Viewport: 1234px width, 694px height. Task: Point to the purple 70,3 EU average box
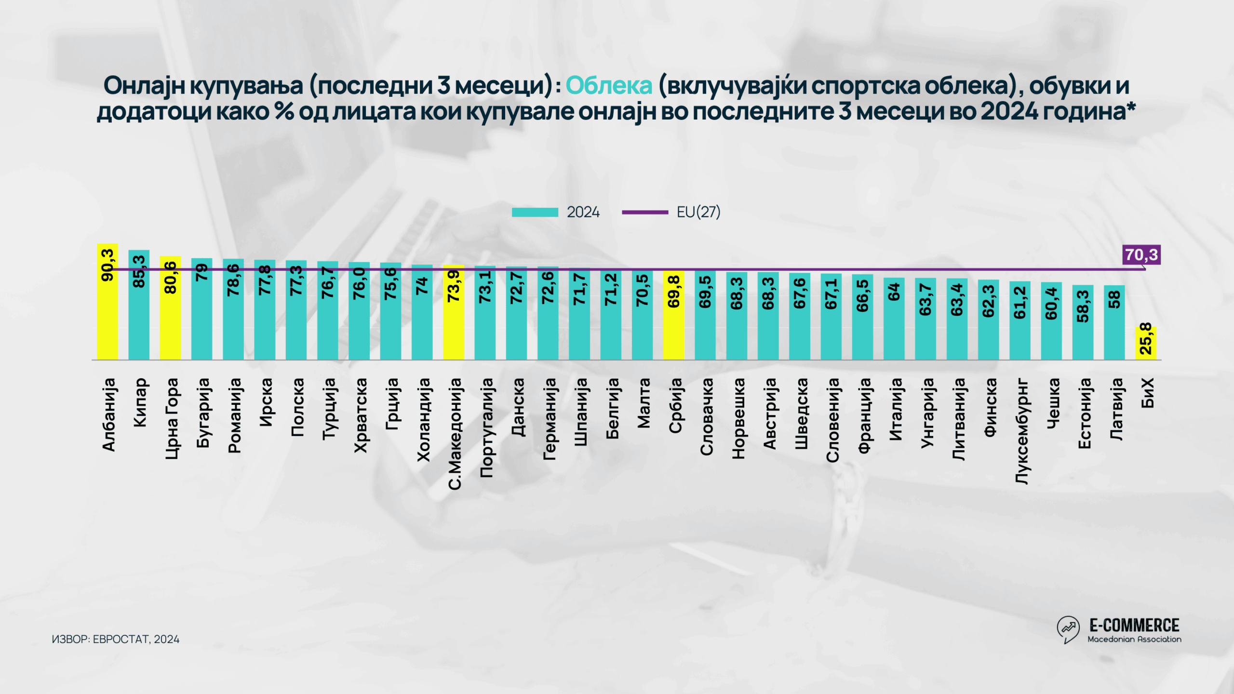[x=1141, y=254]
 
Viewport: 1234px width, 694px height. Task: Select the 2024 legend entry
[x=556, y=212]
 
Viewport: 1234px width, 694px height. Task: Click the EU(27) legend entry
[x=671, y=212]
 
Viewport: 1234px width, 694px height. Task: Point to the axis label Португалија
[x=487, y=427]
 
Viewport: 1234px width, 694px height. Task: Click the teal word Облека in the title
[x=609, y=86]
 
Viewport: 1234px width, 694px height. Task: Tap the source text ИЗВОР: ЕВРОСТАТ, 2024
[x=116, y=639]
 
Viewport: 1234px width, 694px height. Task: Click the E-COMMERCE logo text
[x=1134, y=626]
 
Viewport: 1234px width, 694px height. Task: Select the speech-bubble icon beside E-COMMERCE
[x=1068, y=629]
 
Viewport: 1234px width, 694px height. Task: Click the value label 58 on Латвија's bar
[x=1114, y=300]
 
